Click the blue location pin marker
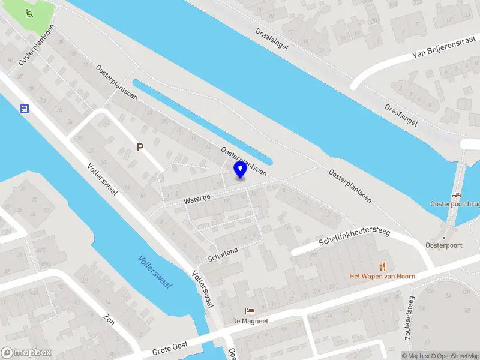click(x=240, y=170)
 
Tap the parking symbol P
click(x=140, y=147)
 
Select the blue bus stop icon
click(x=24, y=109)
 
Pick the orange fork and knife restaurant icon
click(x=382, y=266)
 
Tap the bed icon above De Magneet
click(x=250, y=311)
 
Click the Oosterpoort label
click(x=443, y=245)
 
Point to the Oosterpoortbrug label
click(x=455, y=204)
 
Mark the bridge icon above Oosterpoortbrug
click(x=457, y=195)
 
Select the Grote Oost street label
click(x=170, y=347)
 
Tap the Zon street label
click(x=109, y=319)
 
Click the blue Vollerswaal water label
click(x=155, y=272)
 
